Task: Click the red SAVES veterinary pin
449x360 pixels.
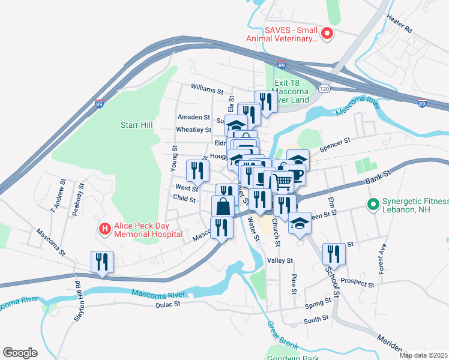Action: coord(327,34)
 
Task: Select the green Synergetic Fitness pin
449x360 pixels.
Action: coord(373,205)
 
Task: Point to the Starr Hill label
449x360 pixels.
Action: coord(136,124)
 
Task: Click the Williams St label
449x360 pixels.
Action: coord(206,88)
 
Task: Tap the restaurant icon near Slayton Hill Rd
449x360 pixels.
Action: coord(101,262)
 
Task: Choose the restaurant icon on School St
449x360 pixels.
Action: coord(333,254)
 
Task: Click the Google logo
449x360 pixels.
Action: coord(20,352)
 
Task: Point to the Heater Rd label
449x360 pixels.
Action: coord(399,25)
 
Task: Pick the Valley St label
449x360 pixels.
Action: coord(280,260)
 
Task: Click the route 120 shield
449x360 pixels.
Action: coord(324,89)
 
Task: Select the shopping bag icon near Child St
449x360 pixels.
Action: coord(223,206)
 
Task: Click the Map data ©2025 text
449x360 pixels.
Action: coord(423,355)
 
